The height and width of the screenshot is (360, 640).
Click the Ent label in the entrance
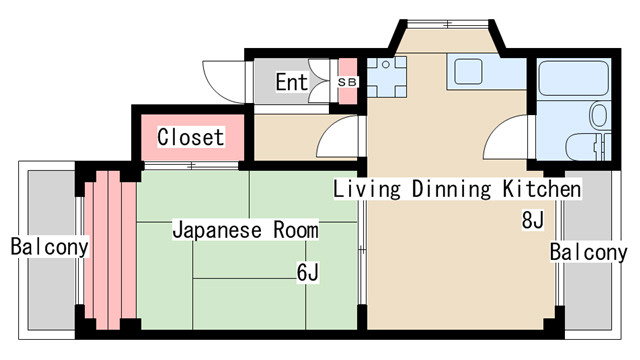pos(291,82)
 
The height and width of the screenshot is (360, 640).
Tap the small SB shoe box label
pos(347,81)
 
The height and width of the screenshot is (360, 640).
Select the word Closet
pos(190,136)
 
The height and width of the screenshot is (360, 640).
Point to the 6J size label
pos(307,270)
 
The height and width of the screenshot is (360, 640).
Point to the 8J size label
pos(532,220)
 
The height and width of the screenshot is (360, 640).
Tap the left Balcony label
pos(49,245)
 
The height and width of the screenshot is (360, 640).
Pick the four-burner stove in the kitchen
pos(385,74)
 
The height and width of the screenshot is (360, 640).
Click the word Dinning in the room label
pos(454,188)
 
